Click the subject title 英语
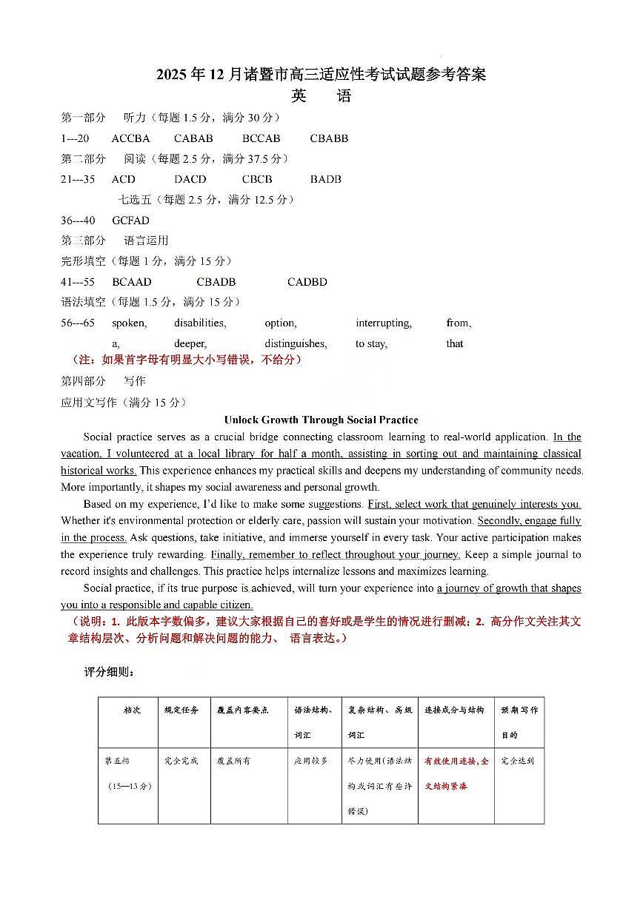[321, 96]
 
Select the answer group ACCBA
[131, 138]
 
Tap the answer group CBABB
[329, 138]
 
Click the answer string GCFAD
[130, 221]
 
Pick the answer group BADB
[326, 179]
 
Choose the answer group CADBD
[307, 282]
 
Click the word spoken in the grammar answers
[129, 323]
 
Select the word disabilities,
[200, 323]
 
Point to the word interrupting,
[384, 323]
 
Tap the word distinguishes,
[296, 343]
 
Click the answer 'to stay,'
[371, 343]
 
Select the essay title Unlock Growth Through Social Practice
[321, 420]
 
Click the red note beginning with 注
[187, 360]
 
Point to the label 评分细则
[109, 673]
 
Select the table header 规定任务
[181, 710]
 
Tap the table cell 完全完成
[181, 761]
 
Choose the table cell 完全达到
[517, 761]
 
